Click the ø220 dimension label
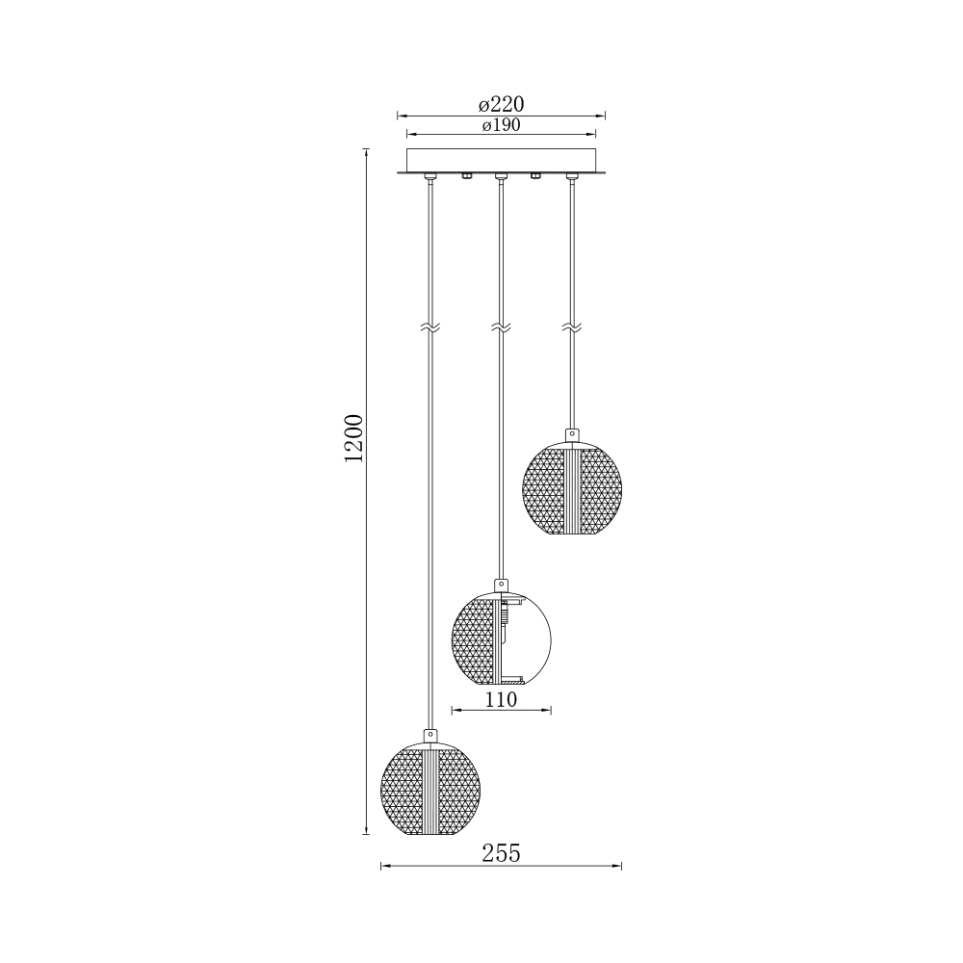coord(501,104)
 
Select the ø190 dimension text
coord(501,126)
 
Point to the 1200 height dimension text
coord(353,438)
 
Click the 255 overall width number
coord(501,853)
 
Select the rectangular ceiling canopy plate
coord(501,160)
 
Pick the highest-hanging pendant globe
coord(573,488)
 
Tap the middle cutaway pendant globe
coord(501,638)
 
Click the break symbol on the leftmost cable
coord(430,328)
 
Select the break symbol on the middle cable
coord(500,328)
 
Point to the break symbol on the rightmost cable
coord(572,328)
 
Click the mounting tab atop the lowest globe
coord(430,737)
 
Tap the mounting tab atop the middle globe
coord(501,585)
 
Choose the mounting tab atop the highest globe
coord(573,435)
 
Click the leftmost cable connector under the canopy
coord(430,176)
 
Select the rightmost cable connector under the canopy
coord(572,176)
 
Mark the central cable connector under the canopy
coord(500,176)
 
